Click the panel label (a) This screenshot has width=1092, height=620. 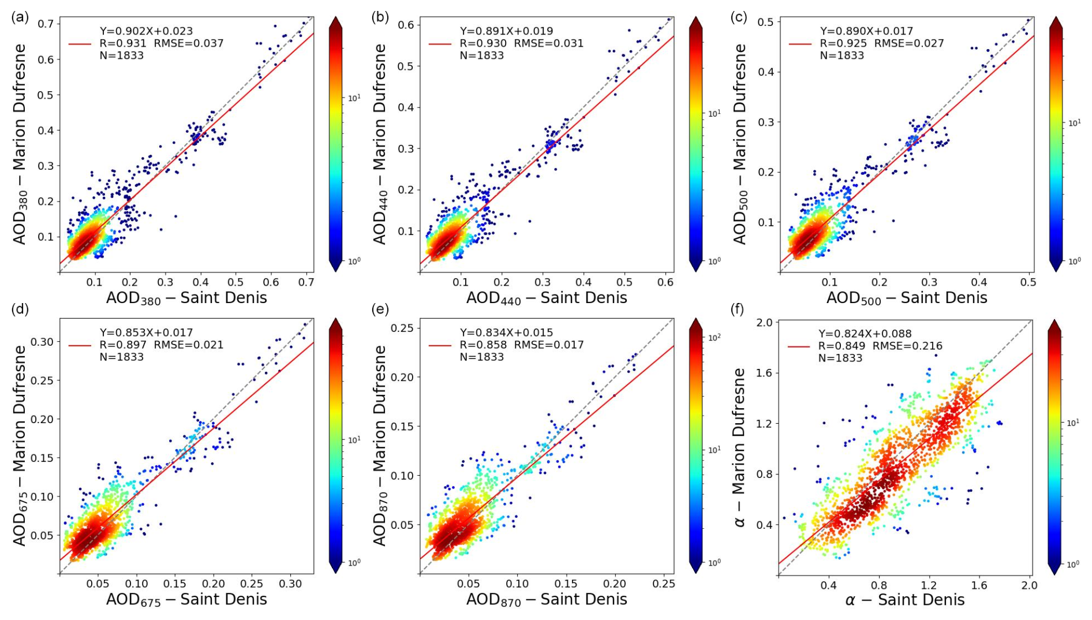tap(20, 17)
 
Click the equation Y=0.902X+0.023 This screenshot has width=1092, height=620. tap(146, 31)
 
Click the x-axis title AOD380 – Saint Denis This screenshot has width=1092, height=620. tap(186, 298)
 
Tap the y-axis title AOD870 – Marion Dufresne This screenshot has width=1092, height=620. tap(379, 445)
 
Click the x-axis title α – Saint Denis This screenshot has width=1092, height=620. tap(904, 600)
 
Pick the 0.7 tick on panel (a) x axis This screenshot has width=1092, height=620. tap(306, 282)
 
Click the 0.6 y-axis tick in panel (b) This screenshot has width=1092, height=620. tap(406, 25)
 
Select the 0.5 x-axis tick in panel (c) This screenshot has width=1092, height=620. tap(1028, 282)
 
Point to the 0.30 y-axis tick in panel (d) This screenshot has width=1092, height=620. tap(42, 342)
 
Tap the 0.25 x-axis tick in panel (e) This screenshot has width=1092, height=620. tap(664, 584)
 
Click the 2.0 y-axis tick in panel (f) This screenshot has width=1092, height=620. tap(764, 322)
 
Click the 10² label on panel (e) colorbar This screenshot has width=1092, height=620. tap(714, 337)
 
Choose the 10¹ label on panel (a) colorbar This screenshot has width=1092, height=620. tap(354, 98)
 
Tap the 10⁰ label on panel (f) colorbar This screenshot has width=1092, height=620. tap(1073, 564)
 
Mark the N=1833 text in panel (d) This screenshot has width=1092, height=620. tap(122, 357)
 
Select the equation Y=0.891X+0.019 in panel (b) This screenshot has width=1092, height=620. tap(506, 31)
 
